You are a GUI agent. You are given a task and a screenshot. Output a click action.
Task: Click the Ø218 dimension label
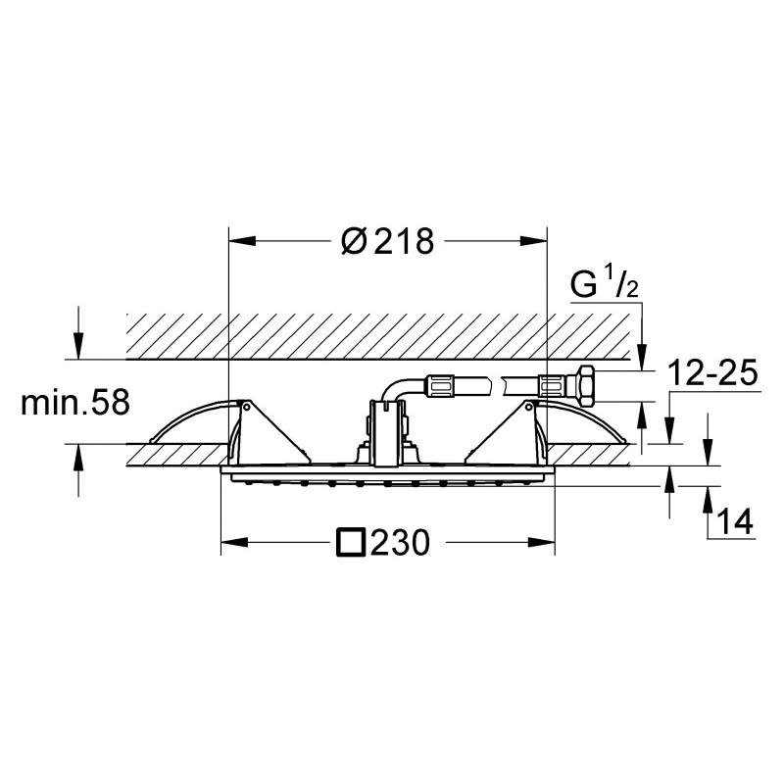387,241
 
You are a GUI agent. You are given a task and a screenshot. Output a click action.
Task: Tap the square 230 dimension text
383,543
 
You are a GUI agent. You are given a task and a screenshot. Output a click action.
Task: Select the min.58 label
75,403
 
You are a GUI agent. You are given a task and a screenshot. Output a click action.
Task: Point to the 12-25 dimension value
713,372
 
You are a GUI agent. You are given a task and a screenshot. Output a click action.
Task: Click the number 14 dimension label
734,521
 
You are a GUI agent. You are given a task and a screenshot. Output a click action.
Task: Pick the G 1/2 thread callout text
605,283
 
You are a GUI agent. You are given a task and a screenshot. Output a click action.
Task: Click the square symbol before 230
351,543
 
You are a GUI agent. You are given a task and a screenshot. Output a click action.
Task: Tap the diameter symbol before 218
355,241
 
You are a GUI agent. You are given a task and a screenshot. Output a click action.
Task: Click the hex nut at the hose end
585,385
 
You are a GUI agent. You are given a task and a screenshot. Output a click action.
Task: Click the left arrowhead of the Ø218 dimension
242,241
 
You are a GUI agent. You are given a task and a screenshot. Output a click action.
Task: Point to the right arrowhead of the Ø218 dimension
534,241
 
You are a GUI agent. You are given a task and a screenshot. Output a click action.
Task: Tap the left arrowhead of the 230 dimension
234,543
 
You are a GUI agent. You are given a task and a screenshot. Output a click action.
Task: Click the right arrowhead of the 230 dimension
542,543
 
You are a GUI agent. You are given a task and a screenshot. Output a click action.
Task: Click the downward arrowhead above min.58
78,346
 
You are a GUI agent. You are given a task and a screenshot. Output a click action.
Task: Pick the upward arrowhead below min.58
78,457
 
